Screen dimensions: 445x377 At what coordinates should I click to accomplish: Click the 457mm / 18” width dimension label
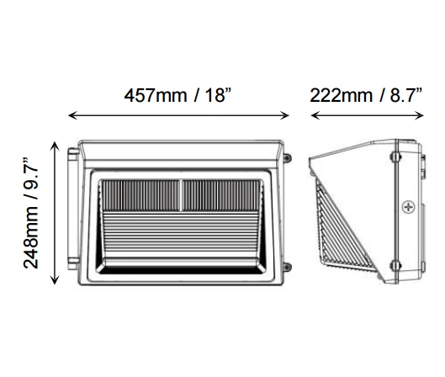[x=178, y=95]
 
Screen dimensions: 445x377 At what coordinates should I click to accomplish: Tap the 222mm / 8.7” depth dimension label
[x=366, y=95]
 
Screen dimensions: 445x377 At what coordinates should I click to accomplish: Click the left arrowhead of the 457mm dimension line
[x=72, y=115]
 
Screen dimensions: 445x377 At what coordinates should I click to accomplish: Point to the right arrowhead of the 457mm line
[x=284, y=115]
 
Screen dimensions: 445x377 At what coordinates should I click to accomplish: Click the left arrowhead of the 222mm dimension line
[x=315, y=115]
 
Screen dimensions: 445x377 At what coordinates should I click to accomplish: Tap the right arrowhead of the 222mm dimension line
[x=419, y=115]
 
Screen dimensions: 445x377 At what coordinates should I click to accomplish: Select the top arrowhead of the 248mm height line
[x=55, y=146]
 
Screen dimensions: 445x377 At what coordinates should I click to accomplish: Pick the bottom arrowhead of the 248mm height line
[x=55, y=280]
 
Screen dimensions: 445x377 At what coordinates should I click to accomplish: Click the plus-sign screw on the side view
[x=408, y=207]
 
